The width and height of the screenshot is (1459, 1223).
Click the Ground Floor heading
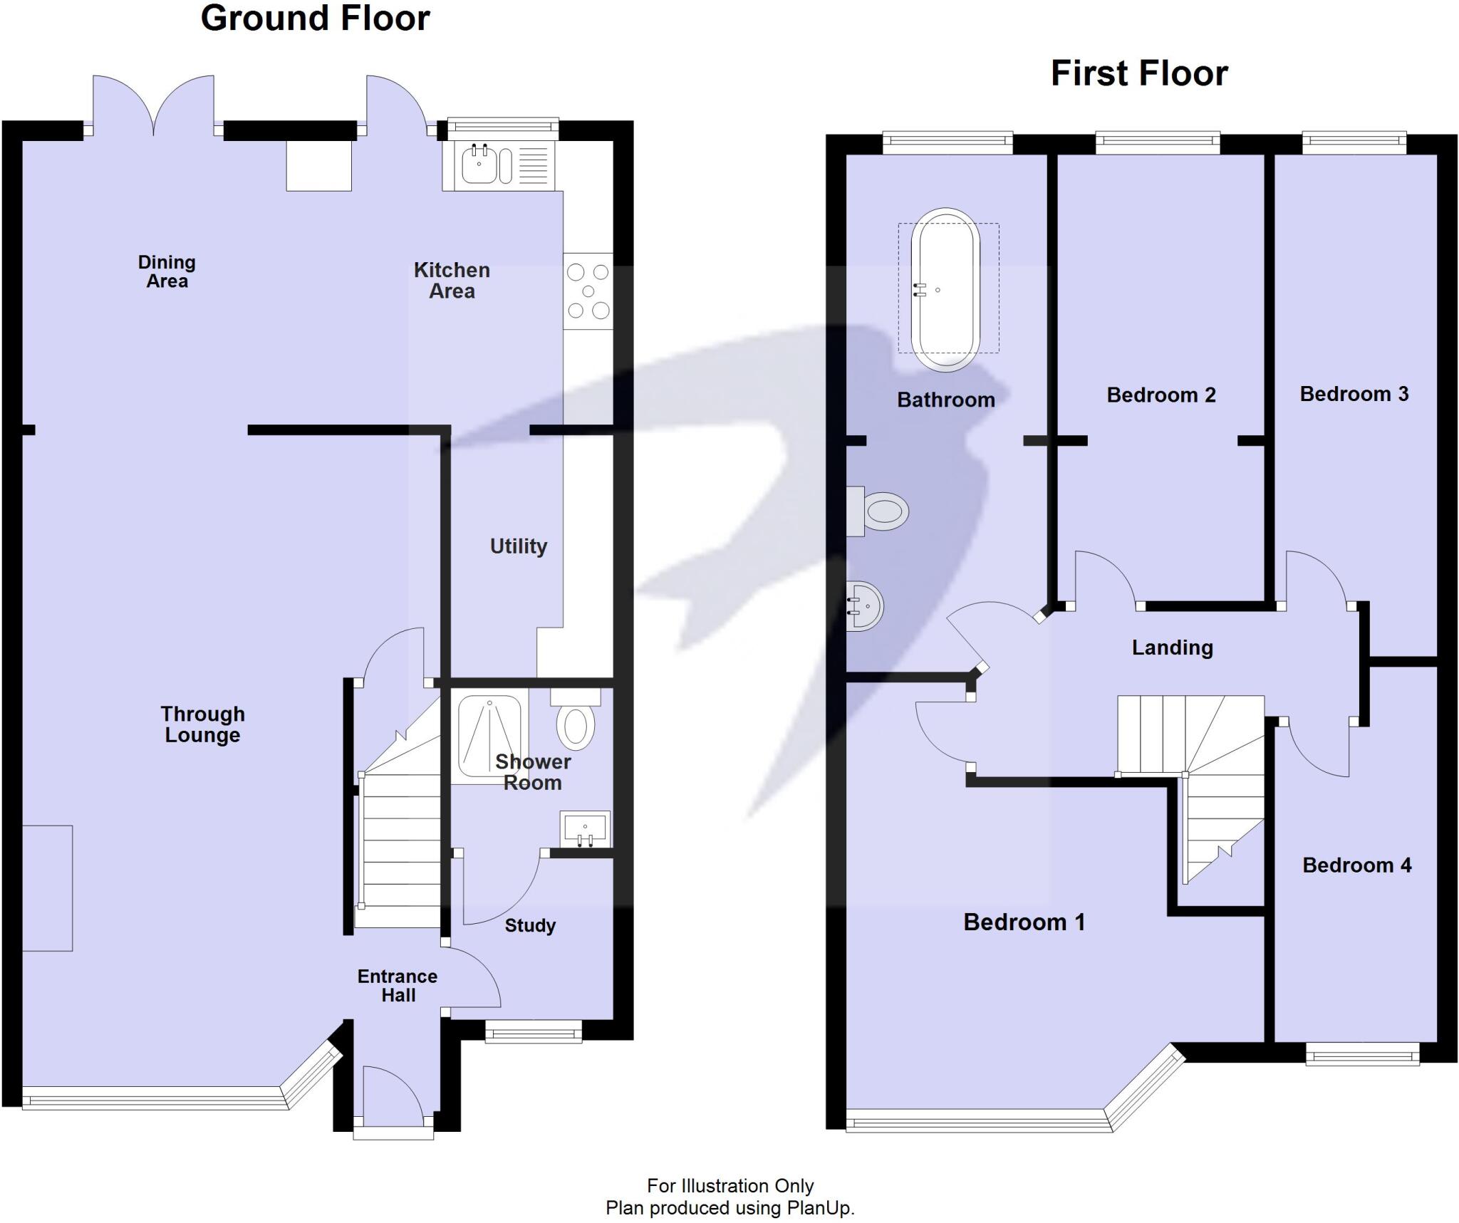(315, 19)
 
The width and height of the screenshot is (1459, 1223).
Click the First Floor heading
(1139, 73)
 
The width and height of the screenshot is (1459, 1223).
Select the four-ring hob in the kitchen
(588, 291)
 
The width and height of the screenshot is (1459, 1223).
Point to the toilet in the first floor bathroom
(878, 511)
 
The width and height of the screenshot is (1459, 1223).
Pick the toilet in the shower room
(576, 719)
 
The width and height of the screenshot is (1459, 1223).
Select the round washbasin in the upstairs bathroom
(865, 606)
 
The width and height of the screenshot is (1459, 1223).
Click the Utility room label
(519, 546)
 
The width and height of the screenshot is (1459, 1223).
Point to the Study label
(530, 926)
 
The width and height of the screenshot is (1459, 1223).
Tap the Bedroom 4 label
(1357, 865)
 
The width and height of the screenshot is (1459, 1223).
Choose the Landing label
(1173, 647)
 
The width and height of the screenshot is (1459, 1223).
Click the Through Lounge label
(203, 724)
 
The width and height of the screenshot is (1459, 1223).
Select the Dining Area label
(167, 271)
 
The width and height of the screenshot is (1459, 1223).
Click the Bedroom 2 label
(1161, 395)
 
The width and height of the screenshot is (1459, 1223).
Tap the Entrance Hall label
(398, 986)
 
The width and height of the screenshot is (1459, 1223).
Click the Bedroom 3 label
(1354, 394)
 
